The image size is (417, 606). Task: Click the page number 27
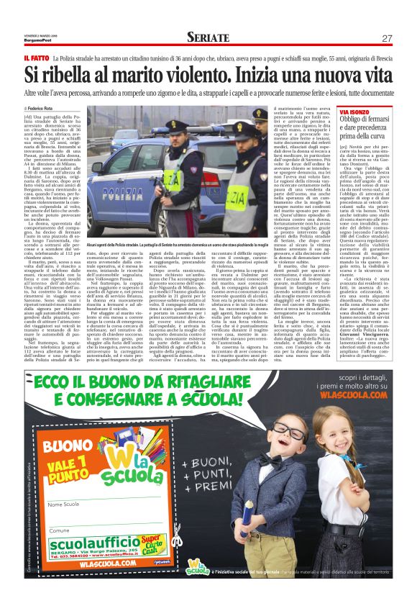coord(386,38)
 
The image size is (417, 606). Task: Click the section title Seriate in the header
coord(208,37)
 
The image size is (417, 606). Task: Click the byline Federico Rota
coord(47,107)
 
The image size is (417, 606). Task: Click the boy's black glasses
coord(289,454)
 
